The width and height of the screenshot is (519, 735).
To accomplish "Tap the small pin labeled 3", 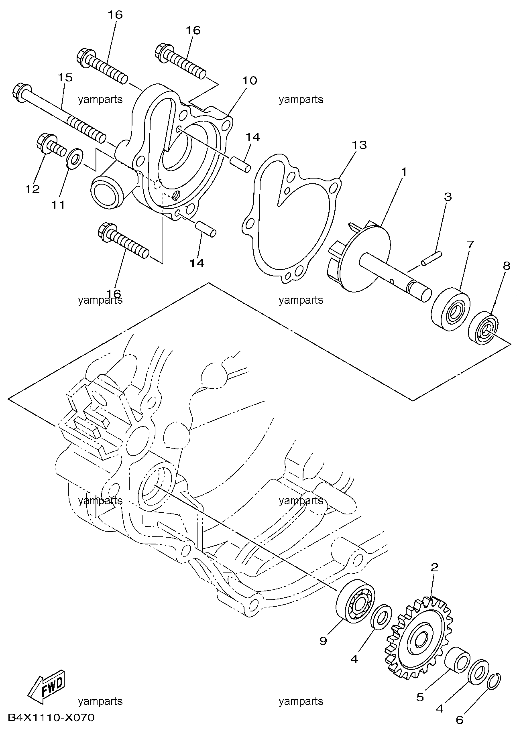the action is tap(431, 258).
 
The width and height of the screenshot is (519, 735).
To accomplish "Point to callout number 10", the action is tap(249, 80).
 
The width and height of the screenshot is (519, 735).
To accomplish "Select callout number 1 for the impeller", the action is tap(404, 172).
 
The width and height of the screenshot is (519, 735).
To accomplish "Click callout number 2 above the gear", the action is tap(434, 567).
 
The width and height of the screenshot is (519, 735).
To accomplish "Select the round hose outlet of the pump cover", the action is tap(107, 192).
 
